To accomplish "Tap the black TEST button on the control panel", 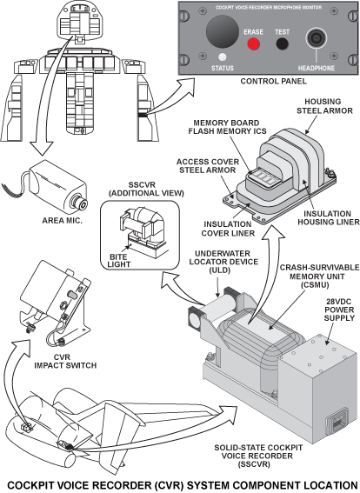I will point(282,44).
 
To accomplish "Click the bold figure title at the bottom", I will point(179,483).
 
